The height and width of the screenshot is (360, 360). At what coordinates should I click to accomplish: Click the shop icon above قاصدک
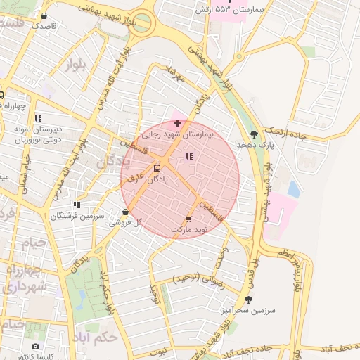coord(44,15)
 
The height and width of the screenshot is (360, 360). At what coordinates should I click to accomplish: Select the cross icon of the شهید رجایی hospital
coord(176,123)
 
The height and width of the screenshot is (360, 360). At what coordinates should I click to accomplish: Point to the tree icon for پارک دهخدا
coord(254,134)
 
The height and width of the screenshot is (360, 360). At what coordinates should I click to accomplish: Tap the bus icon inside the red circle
coord(157,169)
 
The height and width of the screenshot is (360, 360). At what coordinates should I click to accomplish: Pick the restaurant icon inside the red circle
coord(188,156)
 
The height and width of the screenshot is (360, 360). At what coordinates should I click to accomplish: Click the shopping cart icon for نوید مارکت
coord(188,219)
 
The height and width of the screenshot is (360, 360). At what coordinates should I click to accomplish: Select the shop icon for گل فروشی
coord(125,212)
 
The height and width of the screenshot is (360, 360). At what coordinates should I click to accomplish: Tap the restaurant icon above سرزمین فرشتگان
coord(77,205)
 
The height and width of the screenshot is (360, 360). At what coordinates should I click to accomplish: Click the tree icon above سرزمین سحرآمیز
coord(247,300)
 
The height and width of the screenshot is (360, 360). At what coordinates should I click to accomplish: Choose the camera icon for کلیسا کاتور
coord(36,346)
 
